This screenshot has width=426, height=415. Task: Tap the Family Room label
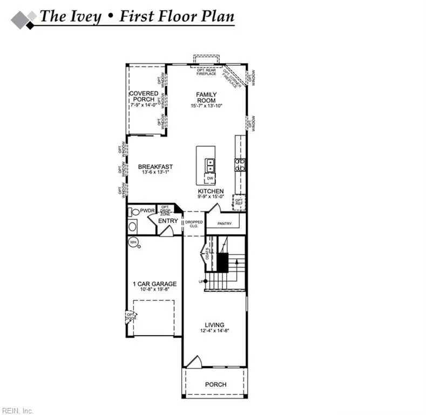[206, 97]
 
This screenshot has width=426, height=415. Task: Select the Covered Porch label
[144, 97]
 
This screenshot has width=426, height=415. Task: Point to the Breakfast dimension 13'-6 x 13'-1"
[155, 172]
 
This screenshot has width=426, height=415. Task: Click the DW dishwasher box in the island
[210, 178]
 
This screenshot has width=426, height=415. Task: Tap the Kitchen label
[210, 192]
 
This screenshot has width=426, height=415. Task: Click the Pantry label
[225, 223]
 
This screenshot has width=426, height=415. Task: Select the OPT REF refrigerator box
[239, 202]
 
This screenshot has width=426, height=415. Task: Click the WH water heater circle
[133, 242]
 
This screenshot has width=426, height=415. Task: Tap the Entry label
[168, 221]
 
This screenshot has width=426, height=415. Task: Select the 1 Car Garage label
[154, 284]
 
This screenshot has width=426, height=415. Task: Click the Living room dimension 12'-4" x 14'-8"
[214, 330]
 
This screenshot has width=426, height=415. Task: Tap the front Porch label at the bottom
[215, 385]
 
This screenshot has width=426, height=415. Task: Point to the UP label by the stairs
[201, 282]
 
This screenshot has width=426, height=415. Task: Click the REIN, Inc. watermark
[17, 411]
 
